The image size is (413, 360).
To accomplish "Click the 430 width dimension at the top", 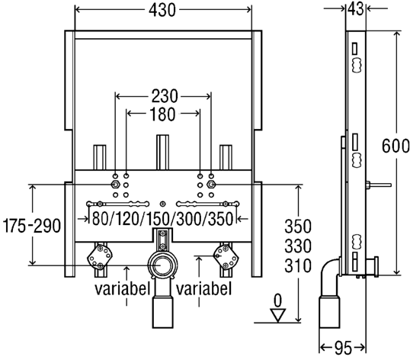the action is (x=162, y=11).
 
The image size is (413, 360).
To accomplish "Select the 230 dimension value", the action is (x=165, y=96).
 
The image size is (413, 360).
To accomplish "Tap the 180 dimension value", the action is (x=162, y=114).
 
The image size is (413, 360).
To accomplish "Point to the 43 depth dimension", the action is (x=356, y=9).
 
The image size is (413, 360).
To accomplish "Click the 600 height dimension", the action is (x=395, y=146).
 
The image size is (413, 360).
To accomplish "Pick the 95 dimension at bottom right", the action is (x=343, y=347).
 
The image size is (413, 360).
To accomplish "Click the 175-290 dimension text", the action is (x=31, y=226).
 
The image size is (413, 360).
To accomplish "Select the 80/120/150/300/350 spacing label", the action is (x=163, y=219).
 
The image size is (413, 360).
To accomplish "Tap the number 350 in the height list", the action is (x=298, y=227).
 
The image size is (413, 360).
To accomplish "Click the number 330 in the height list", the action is (x=298, y=246).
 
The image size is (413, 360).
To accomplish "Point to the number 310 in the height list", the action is (x=298, y=265).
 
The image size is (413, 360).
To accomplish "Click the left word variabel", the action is (x=123, y=288).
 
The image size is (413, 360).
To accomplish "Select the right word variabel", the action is (x=204, y=288).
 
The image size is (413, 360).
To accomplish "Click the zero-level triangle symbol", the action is (x=278, y=315).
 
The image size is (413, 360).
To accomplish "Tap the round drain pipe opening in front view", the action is (x=162, y=265).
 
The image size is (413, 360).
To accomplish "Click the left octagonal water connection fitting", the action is (x=99, y=256).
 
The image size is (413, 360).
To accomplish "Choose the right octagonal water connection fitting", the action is (x=226, y=256).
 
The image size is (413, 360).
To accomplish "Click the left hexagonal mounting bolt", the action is (x=115, y=185).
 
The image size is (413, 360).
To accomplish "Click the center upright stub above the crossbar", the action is (x=162, y=153).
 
